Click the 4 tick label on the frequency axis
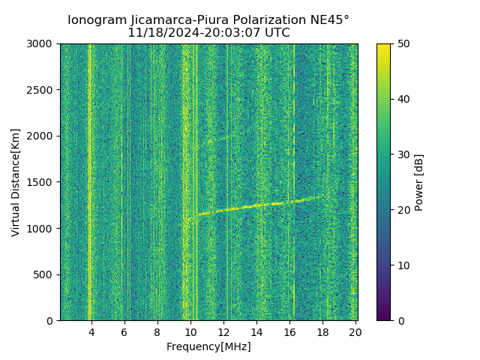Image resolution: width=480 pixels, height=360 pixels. (91, 332)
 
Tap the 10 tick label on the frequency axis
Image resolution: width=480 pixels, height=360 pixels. (190, 332)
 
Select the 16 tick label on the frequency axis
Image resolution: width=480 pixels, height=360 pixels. (289, 332)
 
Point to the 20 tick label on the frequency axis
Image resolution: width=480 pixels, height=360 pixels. (355, 332)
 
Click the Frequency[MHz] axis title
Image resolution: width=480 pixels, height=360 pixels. (208, 346)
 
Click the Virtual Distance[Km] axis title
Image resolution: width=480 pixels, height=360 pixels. (16, 182)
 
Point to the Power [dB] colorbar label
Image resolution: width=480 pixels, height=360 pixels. (419, 182)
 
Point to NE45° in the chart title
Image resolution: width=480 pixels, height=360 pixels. (330, 20)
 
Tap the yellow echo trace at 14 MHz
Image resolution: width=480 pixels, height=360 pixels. (256, 205)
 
